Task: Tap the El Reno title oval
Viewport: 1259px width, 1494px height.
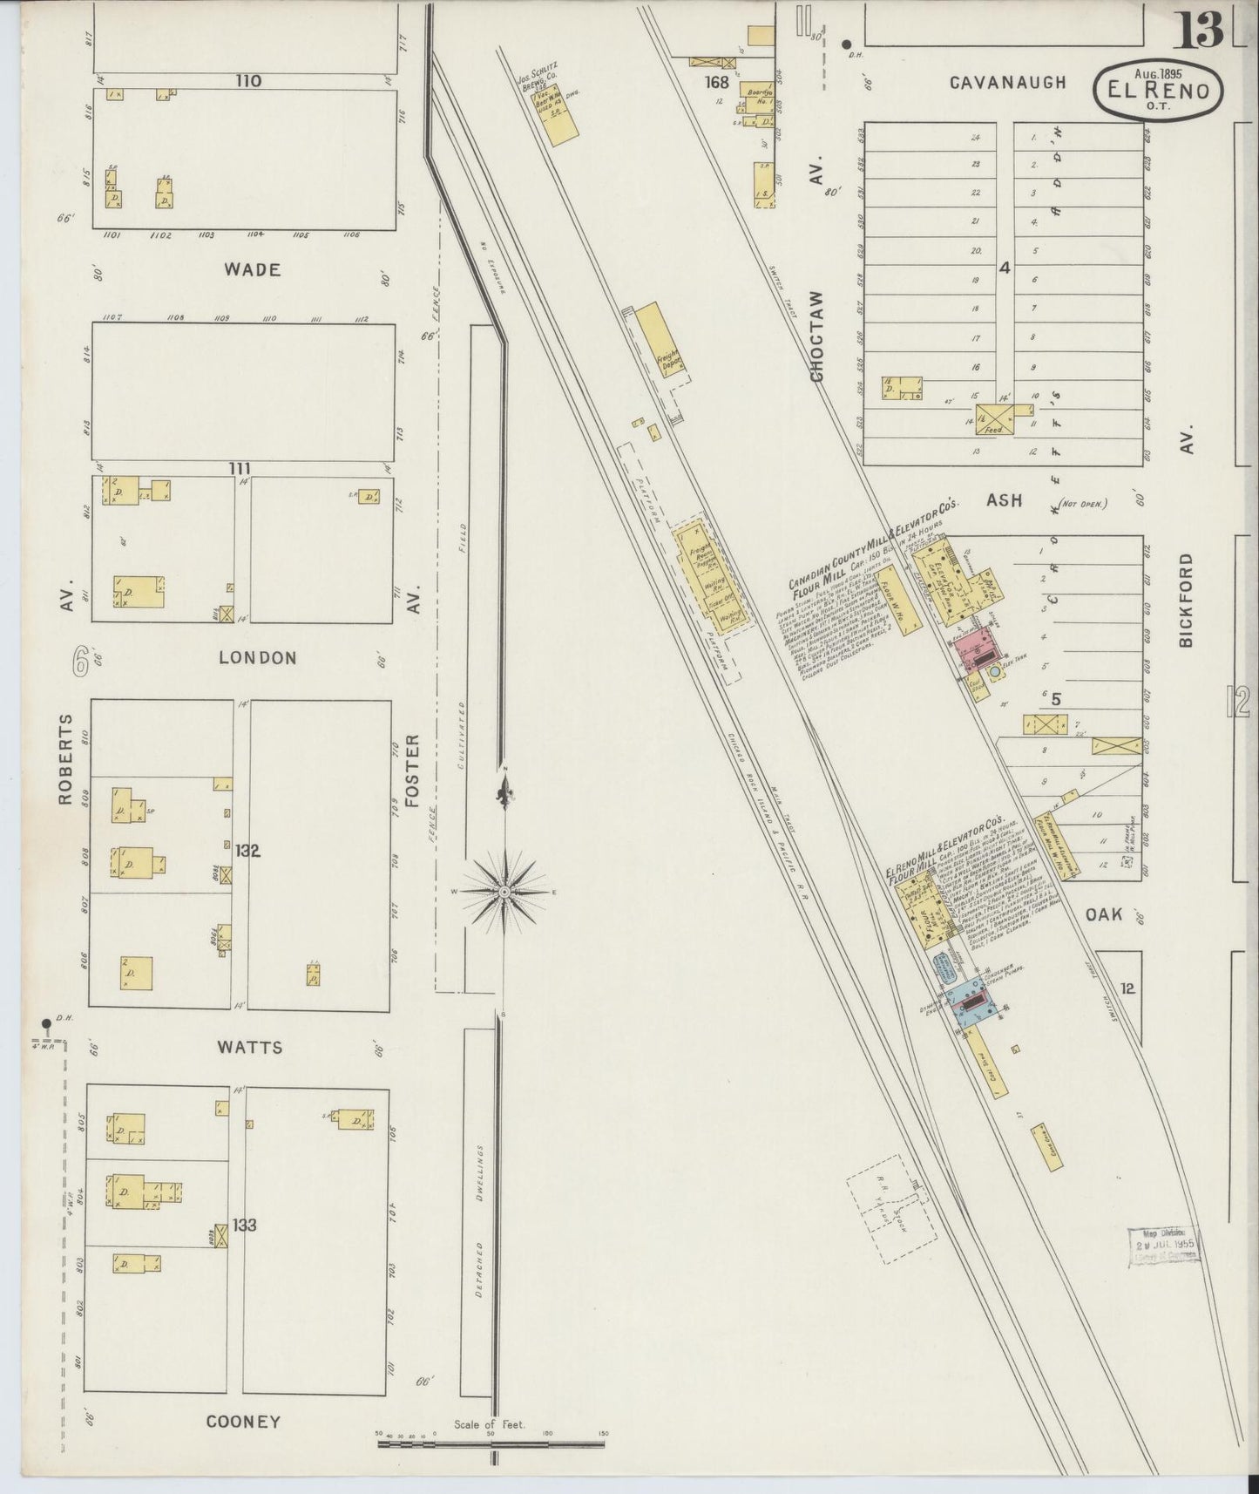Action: tap(1158, 87)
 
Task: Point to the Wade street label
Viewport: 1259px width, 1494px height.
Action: tap(252, 269)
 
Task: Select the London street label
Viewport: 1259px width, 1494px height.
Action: tap(258, 657)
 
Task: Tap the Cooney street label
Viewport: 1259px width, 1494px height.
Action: tap(243, 1422)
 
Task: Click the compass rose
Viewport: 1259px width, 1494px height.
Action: tap(504, 892)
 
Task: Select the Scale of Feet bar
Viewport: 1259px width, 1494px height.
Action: tap(491, 1443)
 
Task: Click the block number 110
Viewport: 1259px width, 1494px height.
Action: tap(247, 81)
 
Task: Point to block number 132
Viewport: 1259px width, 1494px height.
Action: tap(247, 851)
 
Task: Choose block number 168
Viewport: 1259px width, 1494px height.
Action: tap(717, 83)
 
